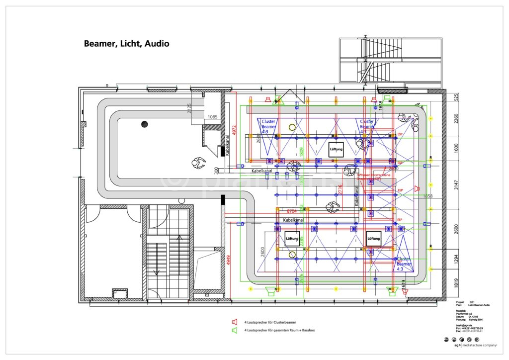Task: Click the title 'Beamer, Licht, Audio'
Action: [126, 44]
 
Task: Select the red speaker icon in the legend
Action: [234, 322]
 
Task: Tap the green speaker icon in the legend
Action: [234, 330]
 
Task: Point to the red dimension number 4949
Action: [228, 260]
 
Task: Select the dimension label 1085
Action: [212, 117]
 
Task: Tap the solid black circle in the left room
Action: [145, 124]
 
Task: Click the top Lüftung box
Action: [337, 149]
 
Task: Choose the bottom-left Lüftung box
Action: [292, 239]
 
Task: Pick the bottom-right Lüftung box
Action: [373, 239]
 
